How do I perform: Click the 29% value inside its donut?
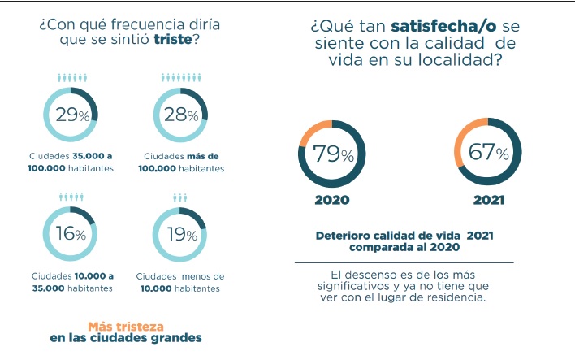70,115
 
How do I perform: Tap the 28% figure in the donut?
180,115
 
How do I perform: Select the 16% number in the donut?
70,234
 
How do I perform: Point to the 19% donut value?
180,234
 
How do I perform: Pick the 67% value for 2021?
491,153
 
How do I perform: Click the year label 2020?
333,201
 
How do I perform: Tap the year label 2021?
490,201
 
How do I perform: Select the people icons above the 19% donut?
179,197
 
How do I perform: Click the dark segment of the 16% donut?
86,216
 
